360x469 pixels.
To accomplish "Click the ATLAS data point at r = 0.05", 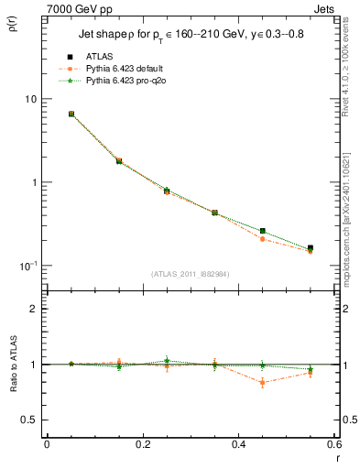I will click(71, 114).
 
